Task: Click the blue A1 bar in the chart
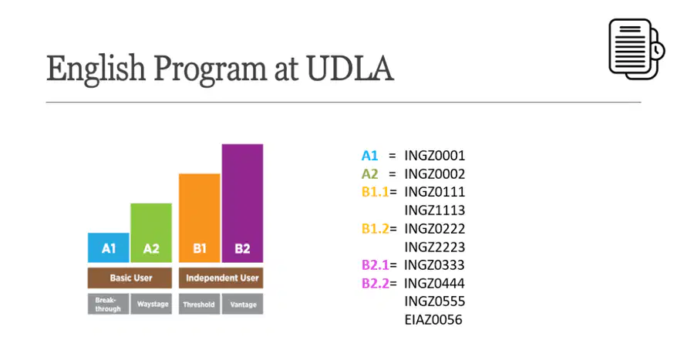pos(109,247)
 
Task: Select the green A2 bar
pos(151,233)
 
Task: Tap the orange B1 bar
pos(200,218)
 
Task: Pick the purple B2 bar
pos(243,204)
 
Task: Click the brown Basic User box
pos(130,278)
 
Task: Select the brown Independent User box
pos(221,278)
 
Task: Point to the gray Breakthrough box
pos(109,304)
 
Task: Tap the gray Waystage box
pos(151,304)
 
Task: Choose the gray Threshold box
pos(200,304)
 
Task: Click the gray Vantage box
pos(243,304)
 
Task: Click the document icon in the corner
pos(636,49)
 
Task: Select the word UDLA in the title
pos(349,69)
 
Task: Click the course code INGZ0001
pos(435,156)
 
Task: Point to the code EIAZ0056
pos(433,320)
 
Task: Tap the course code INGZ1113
pos(435,210)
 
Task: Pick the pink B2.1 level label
pos(375,265)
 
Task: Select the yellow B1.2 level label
pos(375,229)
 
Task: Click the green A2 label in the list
pos(369,173)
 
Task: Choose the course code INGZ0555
pos(435,301)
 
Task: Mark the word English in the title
pos(96,69)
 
